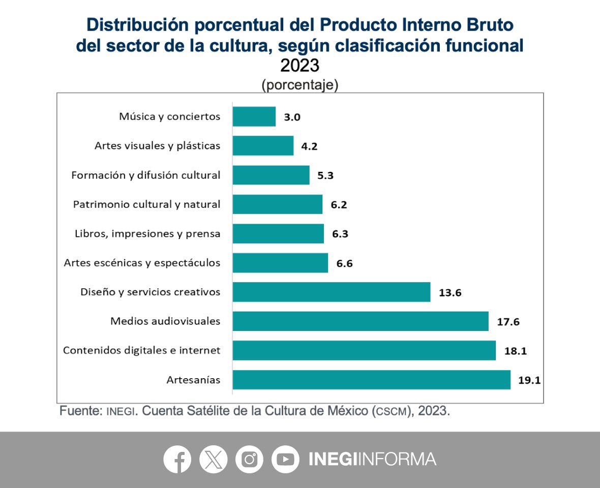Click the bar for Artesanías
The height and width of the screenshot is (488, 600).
click(371, 380)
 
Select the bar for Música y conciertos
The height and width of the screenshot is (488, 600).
click(254, 116)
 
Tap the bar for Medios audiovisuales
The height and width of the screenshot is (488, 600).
click(361, 321)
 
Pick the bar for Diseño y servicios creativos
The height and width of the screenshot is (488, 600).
click(332, 292)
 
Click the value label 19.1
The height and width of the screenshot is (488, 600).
click(529, 380)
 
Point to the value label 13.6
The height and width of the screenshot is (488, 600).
click(449, 292)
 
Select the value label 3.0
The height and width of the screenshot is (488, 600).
click(292, 117)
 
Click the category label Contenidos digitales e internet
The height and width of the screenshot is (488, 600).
click(141, 350)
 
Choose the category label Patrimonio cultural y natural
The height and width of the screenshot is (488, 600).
click(146, 204)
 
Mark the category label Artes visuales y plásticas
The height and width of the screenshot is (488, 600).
click(157, 146)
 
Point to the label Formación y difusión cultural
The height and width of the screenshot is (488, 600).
click(145, 175)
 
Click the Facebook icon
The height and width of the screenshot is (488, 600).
click(177, 459)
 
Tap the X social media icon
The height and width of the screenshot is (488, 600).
click(214, 459)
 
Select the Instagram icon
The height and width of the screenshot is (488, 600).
click(249, 459)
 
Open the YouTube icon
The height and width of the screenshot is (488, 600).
click(285, 459)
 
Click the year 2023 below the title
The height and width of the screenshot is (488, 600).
click(299, 66)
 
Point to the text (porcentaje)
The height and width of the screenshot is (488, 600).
click(299, 85)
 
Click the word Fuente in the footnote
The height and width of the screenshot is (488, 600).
click(81, 411)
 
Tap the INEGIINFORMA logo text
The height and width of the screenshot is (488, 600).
click(372, 459)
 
